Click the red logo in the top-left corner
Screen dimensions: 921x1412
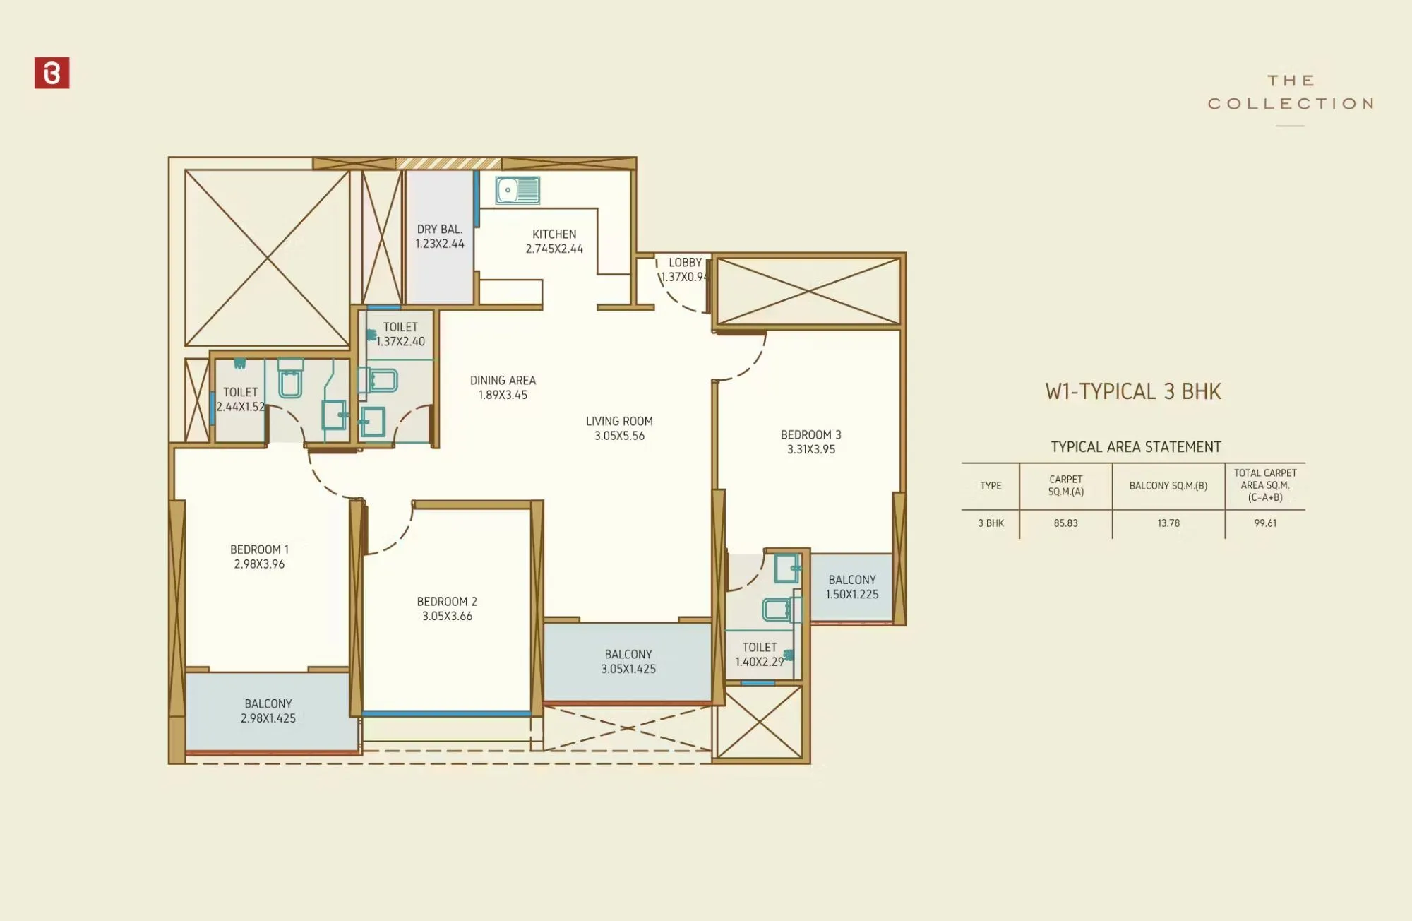click(52, 73)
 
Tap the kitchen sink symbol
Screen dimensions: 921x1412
click(517, 190)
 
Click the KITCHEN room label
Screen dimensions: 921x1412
click(554, 234)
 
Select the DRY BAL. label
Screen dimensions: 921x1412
click(439, 229)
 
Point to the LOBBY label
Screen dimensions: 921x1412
click(685, 262)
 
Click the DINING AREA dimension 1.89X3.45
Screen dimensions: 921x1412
click(503, 395)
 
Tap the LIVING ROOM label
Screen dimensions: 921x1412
click(619, 421)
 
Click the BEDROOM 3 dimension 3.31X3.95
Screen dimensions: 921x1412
click(810, 449)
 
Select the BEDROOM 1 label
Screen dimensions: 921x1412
click(259, 549)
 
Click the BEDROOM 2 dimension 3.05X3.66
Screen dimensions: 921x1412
click(447, 616)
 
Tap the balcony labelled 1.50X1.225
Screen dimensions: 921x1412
click(852, 587)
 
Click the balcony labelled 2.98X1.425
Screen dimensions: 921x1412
click(268, 711)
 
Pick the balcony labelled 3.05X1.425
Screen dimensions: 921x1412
click(628, 662)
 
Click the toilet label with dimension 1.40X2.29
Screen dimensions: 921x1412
click(759, 654)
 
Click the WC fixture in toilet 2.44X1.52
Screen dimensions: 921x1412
click(290, 381)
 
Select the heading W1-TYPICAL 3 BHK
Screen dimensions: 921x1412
click(1132, 391)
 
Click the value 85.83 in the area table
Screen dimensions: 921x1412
click(1065, 523)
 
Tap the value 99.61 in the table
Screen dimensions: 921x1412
click(1264, 523)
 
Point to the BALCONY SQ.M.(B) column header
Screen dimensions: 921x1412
click(1168, 486)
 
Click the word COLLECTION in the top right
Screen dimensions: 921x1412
click(1291, 104)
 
